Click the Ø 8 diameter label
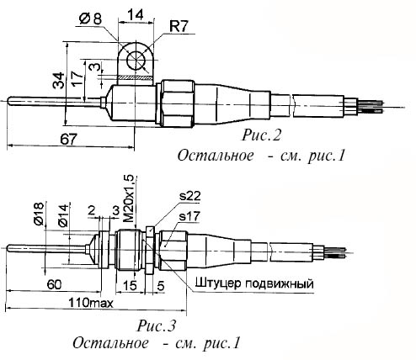click(90, 19)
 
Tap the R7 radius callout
click(179, 27)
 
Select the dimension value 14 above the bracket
click(136, 14)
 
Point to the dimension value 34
click(59, 81)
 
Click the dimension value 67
click(68, 140)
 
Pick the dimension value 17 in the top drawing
click(77, 77)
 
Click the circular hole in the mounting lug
click(136, 61)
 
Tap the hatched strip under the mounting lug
click(136, 77)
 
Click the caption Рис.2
click(261, 135)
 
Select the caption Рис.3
click(157, 326)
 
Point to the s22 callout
click(190, 196)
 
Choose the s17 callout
click(189, 216)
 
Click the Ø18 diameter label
click(39, 214)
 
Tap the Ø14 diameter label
click(63, 215)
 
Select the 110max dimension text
click(91, 303)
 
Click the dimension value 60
click(54, 285)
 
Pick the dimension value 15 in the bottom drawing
click(130, 285)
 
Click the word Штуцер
click(218, 283)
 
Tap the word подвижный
click(280, 284)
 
